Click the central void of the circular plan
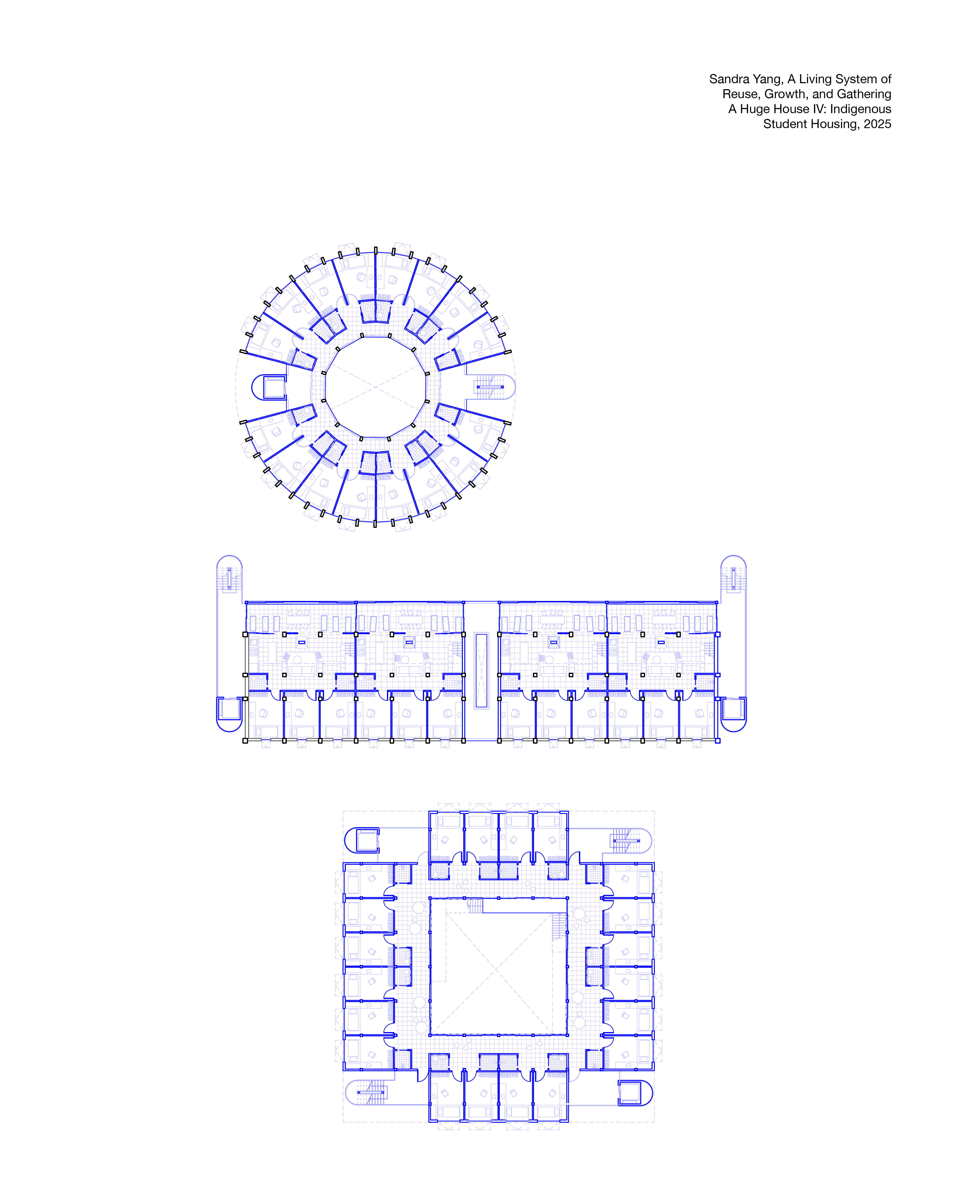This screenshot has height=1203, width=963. click(x=376, y=387)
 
